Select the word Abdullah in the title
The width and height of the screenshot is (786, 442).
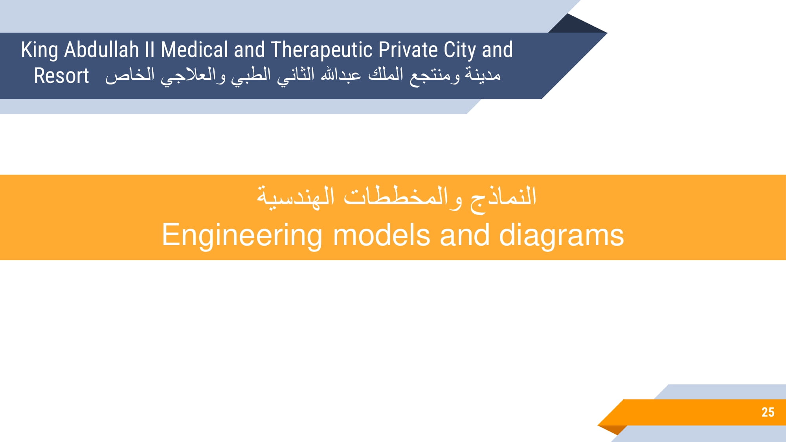(101, 50)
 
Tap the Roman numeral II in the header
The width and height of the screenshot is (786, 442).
(150, 50)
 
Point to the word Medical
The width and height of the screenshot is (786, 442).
(195, 50)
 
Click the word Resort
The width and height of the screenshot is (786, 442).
(61, 76)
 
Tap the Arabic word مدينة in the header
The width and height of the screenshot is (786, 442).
(483, 74)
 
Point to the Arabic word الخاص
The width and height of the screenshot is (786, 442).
(130, 75)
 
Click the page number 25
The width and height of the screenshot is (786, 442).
(768, 412)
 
